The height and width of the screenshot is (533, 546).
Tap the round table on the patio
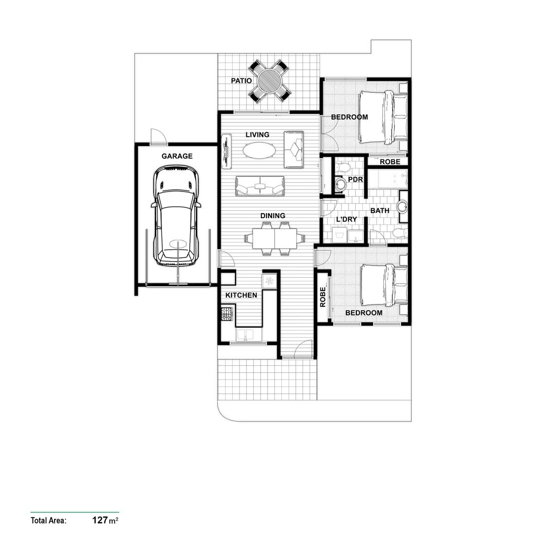pyautogui.click(x=269, y=80)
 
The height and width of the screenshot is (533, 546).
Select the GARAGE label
pyautogui.click(x=177, y=156)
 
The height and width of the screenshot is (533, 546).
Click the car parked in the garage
pyautogui.click(x=176, y=215)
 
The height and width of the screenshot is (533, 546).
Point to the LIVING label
pyautogui.click(x=258, y=134)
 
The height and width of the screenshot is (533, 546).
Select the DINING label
pyautogui.click(x=273, y=216)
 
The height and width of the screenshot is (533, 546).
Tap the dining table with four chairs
pyautogui.click(x=274, y=239)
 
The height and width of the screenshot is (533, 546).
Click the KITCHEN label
pyautogui.click(x=241, y=295)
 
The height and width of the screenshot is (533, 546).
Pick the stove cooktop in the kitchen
pyautogui.click(x=227, y=314)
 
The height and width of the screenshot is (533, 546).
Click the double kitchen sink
pyautogui.click(x=245, y=335)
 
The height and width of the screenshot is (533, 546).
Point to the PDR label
pyautogui.click(x=355, y=180)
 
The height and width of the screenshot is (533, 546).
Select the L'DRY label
pyautogui.click(x=346, y=220)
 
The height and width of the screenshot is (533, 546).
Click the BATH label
pyautogui.click(x=380, y=211)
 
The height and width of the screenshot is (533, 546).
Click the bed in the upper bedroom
pyautogui.click(x=382, y=117)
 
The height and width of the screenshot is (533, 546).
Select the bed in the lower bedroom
pyautogui.click(x=384, y=285)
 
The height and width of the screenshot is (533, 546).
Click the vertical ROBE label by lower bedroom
pyautogui.click(x=323, y=298)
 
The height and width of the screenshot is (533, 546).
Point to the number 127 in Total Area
pyautogui.click(x=100, y=520)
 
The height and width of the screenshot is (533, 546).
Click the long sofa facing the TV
pyautogui.click(x=260, y=186)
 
